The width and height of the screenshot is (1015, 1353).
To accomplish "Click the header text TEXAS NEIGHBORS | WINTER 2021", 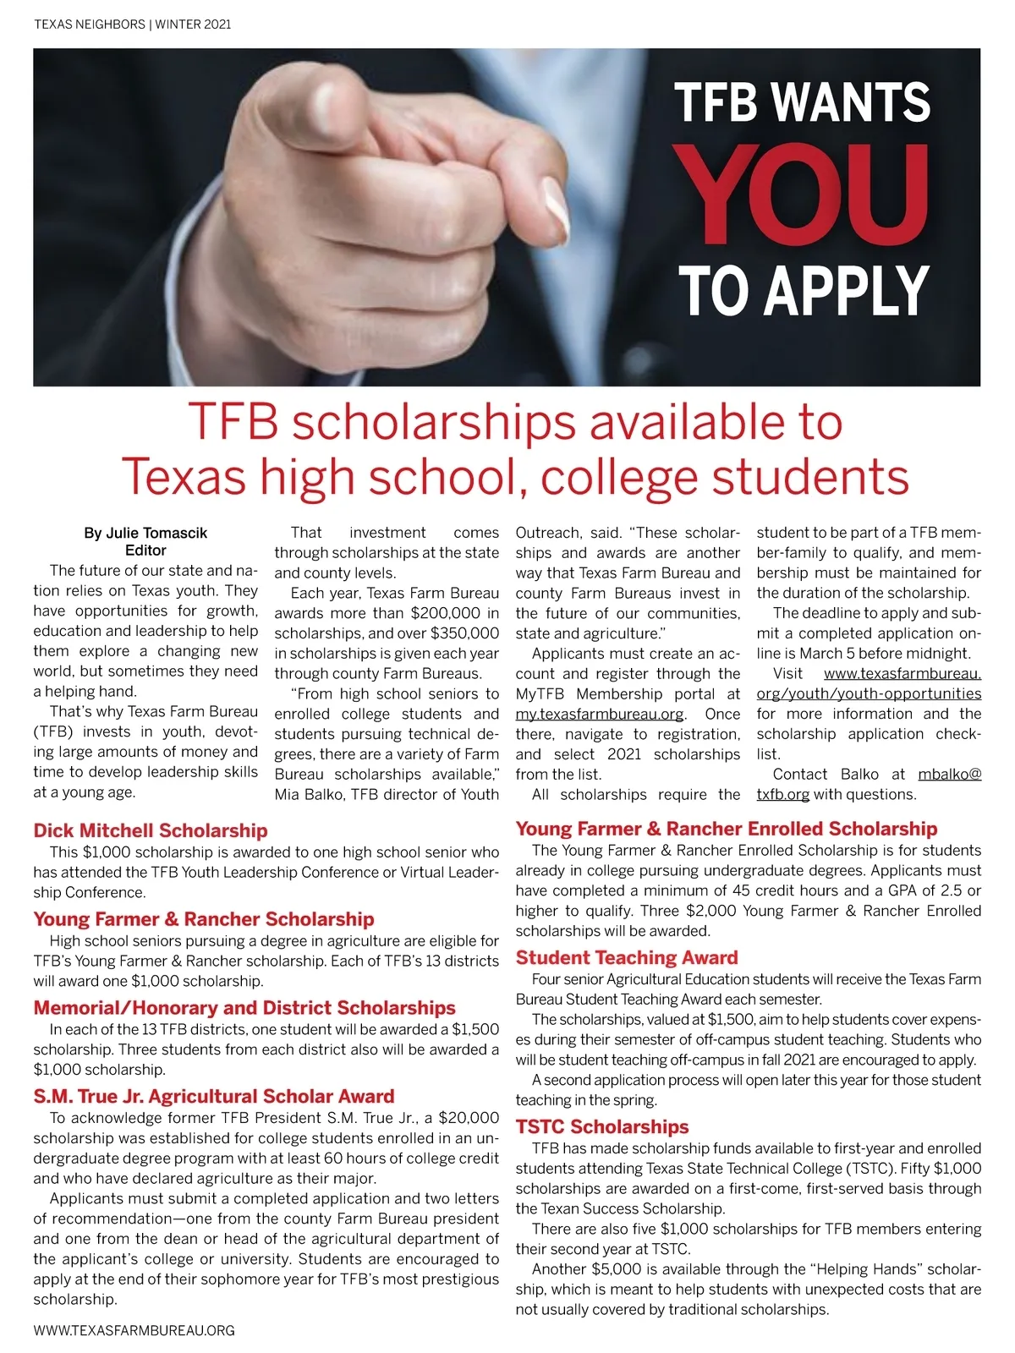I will pyautogui.click(x=132, y=25).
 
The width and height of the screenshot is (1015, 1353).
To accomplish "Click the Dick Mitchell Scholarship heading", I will pyautogui.click(x=151, y=830).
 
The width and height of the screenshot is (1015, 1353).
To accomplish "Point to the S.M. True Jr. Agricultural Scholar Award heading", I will pyautogui.click(x=214, y=1097).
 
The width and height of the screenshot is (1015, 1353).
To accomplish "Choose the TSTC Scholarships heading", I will pyautogui.click(x=602, y=1127).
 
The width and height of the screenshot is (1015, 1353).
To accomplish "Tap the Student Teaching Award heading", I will pyautogui.click(x=627, y=958).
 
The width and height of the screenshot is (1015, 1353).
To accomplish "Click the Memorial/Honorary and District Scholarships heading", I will pyautogui.click(x=244, y=1008).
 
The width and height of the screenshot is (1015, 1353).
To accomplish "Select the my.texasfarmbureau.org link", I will pyautogui.click(x=600, y=715).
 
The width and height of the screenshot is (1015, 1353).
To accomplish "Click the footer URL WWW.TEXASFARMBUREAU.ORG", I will pyautogui.click(x=134, y=1330).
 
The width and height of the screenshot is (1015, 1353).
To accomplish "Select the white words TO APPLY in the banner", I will pyautogui.click(x=804, y=290).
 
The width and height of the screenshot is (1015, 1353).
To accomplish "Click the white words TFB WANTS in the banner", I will pyautogui.click(x=802, y=102).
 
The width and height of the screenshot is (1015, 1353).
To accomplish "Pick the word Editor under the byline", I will pyautogui.click(x=145, y=551).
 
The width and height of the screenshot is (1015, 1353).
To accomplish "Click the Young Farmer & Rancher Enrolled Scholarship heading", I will pyautogui.click(x=727, y=829).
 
